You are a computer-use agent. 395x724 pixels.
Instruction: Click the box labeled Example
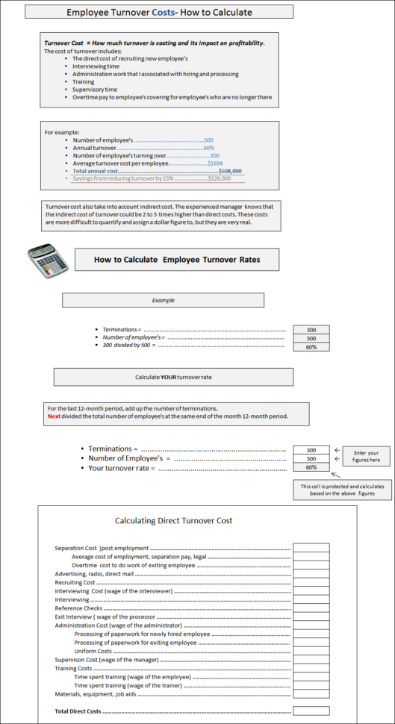163,300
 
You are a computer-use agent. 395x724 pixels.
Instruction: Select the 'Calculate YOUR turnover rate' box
173,377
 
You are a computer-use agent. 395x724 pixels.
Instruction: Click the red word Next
55,416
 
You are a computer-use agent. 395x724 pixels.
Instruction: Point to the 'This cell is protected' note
332,489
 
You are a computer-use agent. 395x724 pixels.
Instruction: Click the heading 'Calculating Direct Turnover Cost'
173,520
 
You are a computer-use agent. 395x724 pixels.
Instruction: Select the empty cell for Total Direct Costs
311,711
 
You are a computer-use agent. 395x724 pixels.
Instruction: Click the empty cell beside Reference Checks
311,608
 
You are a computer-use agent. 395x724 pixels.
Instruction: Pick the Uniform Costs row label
93,651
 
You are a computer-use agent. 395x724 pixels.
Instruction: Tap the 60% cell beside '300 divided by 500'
311,347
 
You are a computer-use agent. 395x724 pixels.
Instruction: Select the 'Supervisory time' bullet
95,90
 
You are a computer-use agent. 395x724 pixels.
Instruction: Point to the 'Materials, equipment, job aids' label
96,694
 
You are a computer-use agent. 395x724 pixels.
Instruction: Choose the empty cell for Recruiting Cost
311,582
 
